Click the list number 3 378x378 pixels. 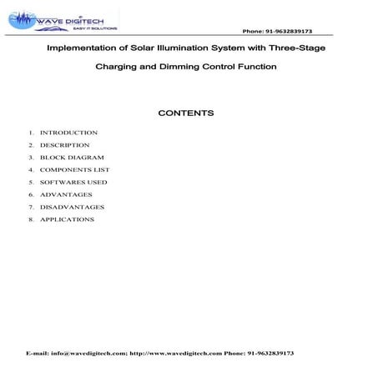(x=30, y=158)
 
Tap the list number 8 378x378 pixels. (x=30, y=219)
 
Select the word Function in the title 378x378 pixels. (x=254, y=66)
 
